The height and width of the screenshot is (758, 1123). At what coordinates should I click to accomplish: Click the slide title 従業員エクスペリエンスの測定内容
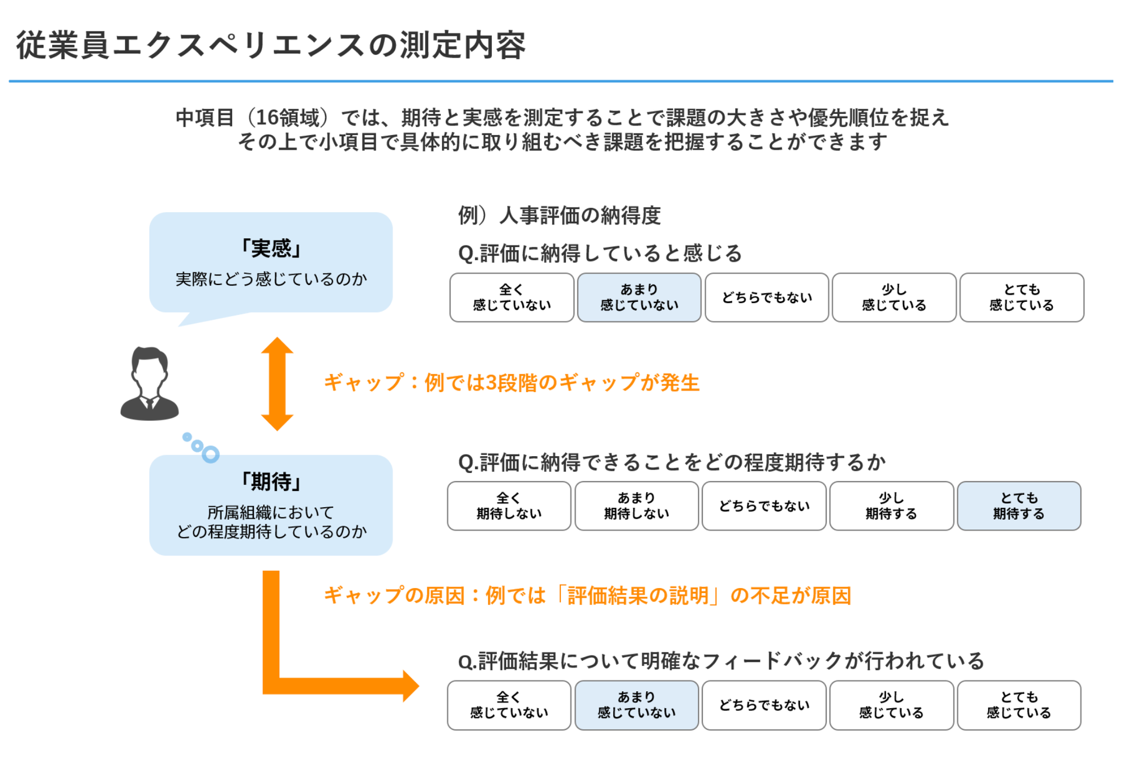click(x=271, y=45)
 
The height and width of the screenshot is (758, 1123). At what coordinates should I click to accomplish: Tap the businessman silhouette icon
click(x=149, y=384)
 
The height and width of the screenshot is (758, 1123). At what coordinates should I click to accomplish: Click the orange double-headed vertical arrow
click(x=277, y=384)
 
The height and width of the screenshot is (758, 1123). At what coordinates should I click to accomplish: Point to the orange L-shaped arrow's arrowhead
click(x=410, y=686)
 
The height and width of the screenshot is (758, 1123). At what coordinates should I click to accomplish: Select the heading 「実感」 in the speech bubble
click(x=271, y=248)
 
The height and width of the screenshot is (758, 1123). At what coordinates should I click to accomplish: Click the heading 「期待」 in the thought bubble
click(x=271, y=481)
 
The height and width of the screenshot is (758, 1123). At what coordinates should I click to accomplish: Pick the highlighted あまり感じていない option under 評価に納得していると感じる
click(x=639, y=297)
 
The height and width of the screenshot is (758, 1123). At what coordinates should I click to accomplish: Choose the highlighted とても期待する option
click(x=1019, y=506)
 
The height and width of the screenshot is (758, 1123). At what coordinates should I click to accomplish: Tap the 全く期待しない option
click(x=509, y=506)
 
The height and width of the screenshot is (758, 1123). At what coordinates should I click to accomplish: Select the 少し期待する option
click(x=891, y=506)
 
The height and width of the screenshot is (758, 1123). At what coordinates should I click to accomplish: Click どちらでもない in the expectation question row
click(x=764, y=506)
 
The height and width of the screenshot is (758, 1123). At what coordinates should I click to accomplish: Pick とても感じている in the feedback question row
click(x=1019, y=705)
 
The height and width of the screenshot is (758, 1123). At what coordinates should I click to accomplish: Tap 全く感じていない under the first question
click(x=512, y=297)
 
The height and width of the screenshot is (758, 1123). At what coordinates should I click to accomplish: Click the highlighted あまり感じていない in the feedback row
click(x=636, y=705)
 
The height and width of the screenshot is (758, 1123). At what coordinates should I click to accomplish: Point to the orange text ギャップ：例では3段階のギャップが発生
click(x=511, y=383)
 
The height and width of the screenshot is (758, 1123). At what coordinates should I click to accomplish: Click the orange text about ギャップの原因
click(x=587, y=595)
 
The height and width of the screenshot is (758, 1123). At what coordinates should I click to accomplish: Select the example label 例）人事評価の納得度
click(x=559, y=215)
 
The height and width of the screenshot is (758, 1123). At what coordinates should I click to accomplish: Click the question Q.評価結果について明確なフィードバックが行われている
click(x=721, y=661)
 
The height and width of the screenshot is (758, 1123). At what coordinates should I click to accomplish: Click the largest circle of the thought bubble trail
click(x=211, y=454)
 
